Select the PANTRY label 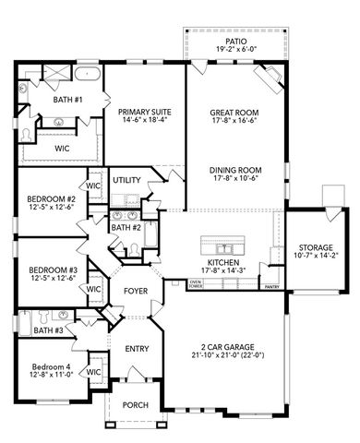point(271,287)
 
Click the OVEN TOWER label point(196,284)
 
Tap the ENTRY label point(138,348)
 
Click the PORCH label point(136,403)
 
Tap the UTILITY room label point(126,179)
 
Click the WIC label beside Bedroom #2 point(93,186)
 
